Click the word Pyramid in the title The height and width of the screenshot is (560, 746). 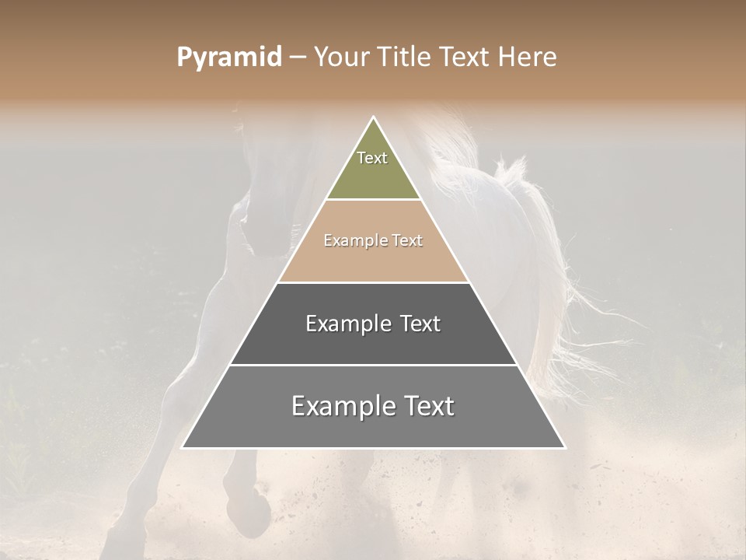pyautogui.click(x=229, y=58)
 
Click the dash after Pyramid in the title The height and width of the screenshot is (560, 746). pyautogui.click(x=298, y=58)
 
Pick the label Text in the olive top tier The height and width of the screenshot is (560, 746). pyautogui.click(x=372, y=158)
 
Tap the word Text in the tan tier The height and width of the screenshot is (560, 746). pyautogui.click(x=407, y=241)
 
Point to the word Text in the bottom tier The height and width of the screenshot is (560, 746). pyautogui.click(x=428, y=406)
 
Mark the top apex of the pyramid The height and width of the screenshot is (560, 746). pyautogui.click(x=373, y=117)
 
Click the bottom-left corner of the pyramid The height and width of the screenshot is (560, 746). pyautogui.click(x=183, y=447)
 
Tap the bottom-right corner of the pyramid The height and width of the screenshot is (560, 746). pyautogui.click(x=564, y=447)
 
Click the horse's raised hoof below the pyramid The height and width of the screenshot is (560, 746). pyautogui.click(x=249, y=509)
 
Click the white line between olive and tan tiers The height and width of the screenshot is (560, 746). pyautogui.click(x=373, y=200)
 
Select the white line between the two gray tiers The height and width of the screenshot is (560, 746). pyautogui.click(x=373, y=365)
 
